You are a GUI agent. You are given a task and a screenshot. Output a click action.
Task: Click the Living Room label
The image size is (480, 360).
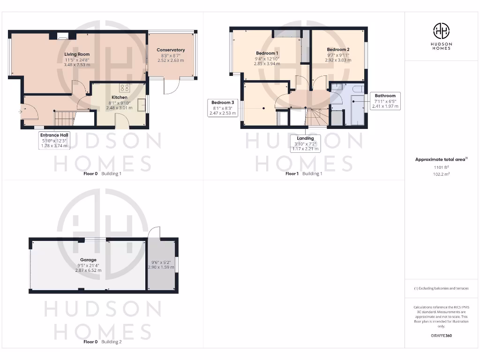[x=77, y=54]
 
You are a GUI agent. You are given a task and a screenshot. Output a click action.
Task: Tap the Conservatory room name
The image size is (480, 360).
[x=171, y=50]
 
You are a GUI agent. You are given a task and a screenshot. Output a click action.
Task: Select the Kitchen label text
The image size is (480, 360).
[x=120, y=97]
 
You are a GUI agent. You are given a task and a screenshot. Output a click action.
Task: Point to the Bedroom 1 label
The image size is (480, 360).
[x=267, y=53]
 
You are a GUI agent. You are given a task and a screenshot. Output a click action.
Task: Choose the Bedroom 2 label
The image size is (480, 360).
[x=338, y=50]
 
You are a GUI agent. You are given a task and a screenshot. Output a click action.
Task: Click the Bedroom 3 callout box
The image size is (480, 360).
[x=222, y=108]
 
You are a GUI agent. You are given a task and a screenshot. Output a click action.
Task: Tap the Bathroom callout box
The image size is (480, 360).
[x=385, y=101]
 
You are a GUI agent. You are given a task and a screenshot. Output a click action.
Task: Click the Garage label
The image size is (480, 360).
[x=88, y=260]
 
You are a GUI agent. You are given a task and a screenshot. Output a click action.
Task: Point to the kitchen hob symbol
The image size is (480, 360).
[x=125, y=87]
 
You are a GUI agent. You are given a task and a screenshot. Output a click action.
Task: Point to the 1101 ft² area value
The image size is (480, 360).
[x=441, y=167]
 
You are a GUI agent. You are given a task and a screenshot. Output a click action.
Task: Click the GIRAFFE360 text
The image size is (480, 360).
[x=441, y=336]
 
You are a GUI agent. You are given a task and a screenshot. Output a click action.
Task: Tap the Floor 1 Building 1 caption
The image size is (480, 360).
[x=304, y=173]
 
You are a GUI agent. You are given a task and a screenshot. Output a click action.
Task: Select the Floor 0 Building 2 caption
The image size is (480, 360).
[x=102, y=342]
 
